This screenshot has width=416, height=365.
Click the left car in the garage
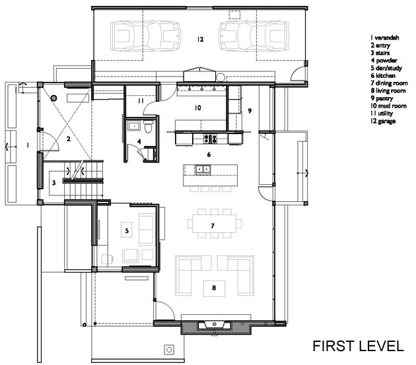(146, 36)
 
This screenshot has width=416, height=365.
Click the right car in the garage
(254, 36)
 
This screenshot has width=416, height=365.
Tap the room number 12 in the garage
(200, 39)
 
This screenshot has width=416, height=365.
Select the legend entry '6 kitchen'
(383, 76)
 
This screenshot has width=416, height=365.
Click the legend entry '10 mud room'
(389, 106)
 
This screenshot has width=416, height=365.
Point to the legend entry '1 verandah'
(385, 38)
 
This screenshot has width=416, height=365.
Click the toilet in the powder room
(149, 127)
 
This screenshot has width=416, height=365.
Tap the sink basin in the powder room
(135, 125)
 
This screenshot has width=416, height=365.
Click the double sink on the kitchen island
(203, 169)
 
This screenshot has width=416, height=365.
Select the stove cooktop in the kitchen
(211, 139)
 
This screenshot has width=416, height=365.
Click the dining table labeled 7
(215, 224)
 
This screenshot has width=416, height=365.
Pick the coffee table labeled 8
(215, 288)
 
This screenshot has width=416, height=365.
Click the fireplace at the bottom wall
(215, 326)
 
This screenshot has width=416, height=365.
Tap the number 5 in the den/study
(127, 231)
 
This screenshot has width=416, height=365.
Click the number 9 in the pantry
(250, 111)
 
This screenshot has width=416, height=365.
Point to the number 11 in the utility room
(141, 101)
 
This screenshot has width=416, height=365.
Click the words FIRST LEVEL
(358, 346)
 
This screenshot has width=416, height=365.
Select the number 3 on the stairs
(54, 182)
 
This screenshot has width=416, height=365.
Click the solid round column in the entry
(54, 98)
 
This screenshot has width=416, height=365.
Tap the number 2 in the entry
(69, 139)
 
